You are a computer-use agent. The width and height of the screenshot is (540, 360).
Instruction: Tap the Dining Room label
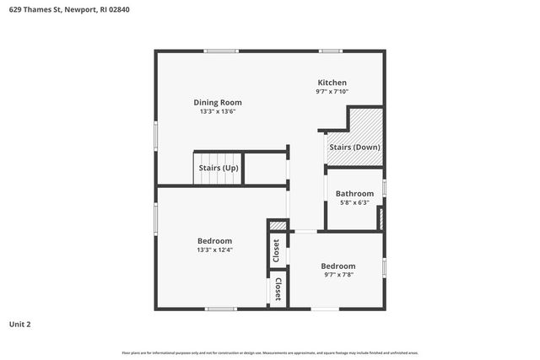coord(218,102)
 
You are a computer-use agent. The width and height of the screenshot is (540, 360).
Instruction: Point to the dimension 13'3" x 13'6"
coord(218,111)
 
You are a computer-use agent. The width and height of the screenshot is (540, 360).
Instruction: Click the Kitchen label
coord(332,83)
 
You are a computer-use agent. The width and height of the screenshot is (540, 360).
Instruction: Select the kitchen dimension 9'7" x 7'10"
coord(332,91)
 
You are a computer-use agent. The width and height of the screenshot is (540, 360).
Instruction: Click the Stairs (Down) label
coord(354,148)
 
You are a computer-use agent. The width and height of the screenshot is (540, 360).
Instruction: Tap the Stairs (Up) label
coord(219,168)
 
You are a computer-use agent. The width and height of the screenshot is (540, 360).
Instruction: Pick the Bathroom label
coord(354,193)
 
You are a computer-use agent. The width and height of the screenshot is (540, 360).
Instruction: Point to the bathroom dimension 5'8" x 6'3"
coord(354,202)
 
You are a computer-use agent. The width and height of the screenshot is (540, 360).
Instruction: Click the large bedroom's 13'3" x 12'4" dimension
coord(214,250)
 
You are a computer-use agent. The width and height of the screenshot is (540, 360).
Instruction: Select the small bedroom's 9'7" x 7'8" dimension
coord(337,275)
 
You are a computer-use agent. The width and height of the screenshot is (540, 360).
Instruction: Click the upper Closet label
coord(276,250)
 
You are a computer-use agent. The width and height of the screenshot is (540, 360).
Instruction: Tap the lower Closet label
coord(278,289)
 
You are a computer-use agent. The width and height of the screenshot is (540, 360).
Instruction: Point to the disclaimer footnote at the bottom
coord(270,352)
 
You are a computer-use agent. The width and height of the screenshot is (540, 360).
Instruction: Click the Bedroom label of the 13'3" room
coord(214,241)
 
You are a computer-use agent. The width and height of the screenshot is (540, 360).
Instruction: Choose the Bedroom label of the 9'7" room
coord(337,266)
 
